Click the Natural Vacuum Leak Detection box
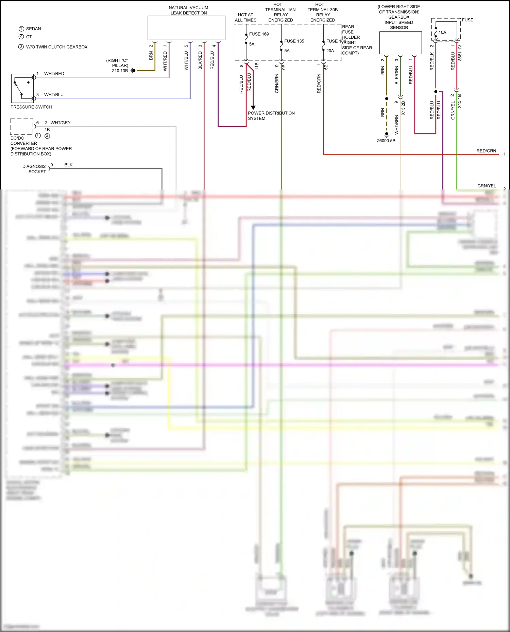point(186,28)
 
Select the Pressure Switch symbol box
point(22,88)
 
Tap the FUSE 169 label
point(259,34)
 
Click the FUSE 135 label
point(294,41)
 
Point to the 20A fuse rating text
point(330,51)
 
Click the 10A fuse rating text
point(442,33)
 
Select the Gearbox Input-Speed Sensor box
point(400,42)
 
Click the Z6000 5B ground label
point(386,141)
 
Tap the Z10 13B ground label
point(120,71)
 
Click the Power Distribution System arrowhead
point(253,107)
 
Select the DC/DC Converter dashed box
point(21,127)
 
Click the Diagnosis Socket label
point(34,169)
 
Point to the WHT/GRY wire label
point(61,123)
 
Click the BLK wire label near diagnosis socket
point(68,165)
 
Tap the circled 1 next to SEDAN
point(21,29)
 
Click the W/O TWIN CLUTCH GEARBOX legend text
point(57,47)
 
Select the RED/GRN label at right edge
point(486,151)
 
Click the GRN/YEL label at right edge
point(487,186)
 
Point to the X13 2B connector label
point(403,108)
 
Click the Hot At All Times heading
point(245,17)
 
